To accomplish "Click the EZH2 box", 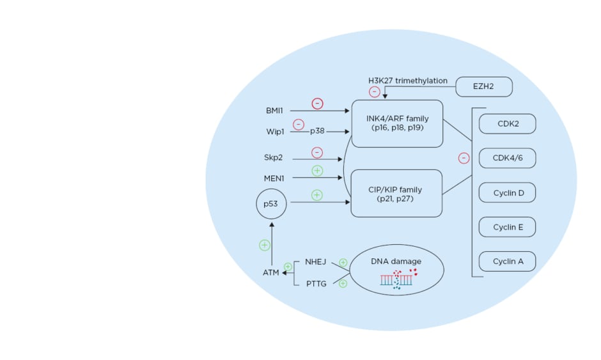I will point(484,86).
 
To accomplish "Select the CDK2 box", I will point(507,124).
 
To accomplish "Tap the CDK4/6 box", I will point(507,158).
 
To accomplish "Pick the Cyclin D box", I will point(507,192).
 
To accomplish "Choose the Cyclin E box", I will point(507,227).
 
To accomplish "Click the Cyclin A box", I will point(507,261).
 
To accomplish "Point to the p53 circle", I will point(271,204).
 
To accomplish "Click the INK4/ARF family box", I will point(397,123).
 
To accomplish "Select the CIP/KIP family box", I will point(397,194).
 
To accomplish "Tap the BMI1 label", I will point(275,111).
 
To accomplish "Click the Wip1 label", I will point(275,131).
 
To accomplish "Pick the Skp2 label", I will point(274,157).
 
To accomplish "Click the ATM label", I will point(272,273).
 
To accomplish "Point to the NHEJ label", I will point(316,262).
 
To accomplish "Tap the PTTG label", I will point(316,283).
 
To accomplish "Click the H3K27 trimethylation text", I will point(407,81).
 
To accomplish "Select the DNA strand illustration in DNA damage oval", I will point(396,279).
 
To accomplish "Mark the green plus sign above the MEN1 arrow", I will point(316,171).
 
